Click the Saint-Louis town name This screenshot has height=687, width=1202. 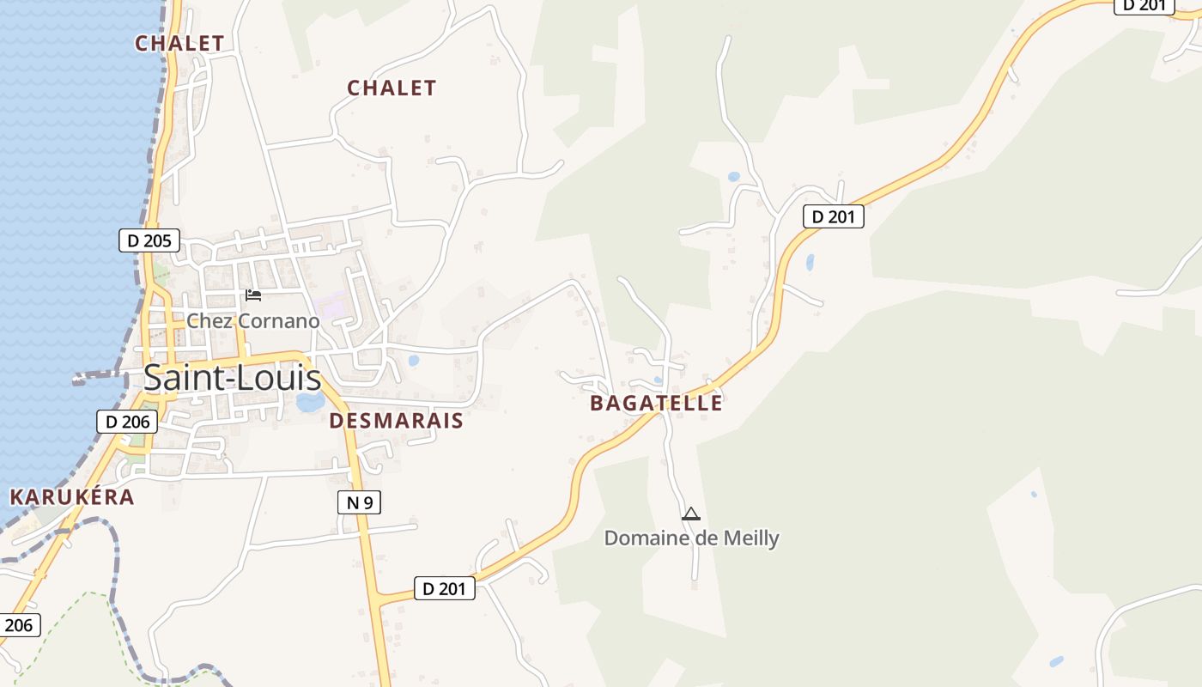click(232, 378)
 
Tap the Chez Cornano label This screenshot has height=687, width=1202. click(253, 321)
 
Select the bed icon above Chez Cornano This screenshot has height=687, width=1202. click(253, 295)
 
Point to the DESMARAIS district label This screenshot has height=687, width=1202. click(396, 421)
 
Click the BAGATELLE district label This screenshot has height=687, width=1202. click(656, 403)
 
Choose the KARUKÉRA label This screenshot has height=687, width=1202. click(72, 496)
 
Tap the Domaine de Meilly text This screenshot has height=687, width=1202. click(691, 538)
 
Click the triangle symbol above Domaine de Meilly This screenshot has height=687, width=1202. click(691, 514)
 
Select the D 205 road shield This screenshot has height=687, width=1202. click(149, 240)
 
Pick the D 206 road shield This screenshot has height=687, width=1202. click(126, 422)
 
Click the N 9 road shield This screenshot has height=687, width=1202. click(359, 503)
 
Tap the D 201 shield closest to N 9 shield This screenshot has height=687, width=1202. click(445, 588)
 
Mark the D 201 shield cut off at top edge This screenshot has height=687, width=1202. click(1144, 5)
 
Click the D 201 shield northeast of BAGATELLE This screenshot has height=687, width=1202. click(833, 216)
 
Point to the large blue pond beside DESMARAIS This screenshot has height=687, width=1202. click(310, 402)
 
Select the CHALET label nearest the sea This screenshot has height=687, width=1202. click(179, 43)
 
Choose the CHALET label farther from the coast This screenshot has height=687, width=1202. click(392, 88)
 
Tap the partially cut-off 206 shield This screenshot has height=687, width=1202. click(18, 624)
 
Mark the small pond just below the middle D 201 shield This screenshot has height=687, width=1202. click(810, 262)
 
